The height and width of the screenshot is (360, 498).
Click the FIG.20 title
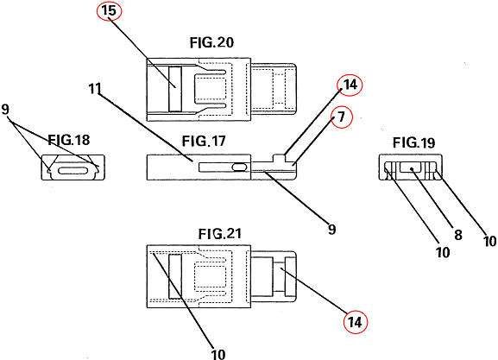click(211, 42)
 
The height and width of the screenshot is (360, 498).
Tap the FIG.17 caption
click(204, 141)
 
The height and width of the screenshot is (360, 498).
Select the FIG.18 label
click(69, 140)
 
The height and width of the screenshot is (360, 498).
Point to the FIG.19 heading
click(413, 142)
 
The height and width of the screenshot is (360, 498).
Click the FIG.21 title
click(220, 234)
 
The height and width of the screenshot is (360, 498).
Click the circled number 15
click(109, 10)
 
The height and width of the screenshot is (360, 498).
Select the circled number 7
click(342, 117)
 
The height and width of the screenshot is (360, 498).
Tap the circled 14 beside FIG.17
click(350, 85)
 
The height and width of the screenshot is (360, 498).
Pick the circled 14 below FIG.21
click(356, 322)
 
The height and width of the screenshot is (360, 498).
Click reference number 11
click(95, 89)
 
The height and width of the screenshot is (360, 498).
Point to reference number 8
click(458, 235)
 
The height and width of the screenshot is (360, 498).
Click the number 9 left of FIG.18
click(5, 110)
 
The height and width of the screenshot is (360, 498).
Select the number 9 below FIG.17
click(332, 229)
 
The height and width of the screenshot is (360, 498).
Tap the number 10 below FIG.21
click(218, 354)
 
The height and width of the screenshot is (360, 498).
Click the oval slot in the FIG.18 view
click(72, 171)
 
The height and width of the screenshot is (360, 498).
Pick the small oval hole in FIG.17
click(240, 167)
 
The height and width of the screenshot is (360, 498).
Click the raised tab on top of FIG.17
click(279, 158)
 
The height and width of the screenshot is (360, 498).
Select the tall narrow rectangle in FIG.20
click(175, 89)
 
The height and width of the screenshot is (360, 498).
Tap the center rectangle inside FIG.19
click(412, 167)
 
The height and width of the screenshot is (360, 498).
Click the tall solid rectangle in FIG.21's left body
click(175, 276)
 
